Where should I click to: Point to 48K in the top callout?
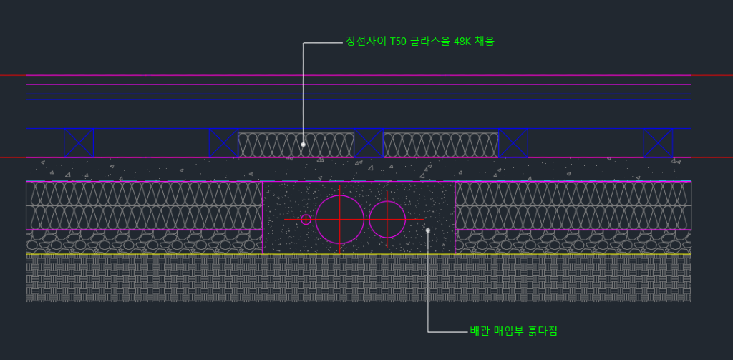point(464,42)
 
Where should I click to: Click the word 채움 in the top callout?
point(485,42)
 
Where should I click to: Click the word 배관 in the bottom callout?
point(478,331)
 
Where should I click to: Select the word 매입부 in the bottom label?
point(508,331)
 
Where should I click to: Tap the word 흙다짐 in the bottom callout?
point(542,331)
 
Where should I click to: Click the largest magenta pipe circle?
point(340,219)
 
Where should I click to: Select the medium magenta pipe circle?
point(387,219)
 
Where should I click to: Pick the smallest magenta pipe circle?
point(306,219)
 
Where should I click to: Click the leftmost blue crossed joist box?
point(79,143)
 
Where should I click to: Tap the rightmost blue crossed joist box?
point(657,143)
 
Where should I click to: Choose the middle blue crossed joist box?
point(368,143)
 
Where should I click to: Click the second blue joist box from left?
point(223,143)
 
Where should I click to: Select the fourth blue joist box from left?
point(513,143)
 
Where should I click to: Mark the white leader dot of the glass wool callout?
point(304,145)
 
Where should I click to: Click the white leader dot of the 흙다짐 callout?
point(428,230)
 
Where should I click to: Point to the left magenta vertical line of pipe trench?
point(263,215)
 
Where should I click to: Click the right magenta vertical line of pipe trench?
point(455,215)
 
